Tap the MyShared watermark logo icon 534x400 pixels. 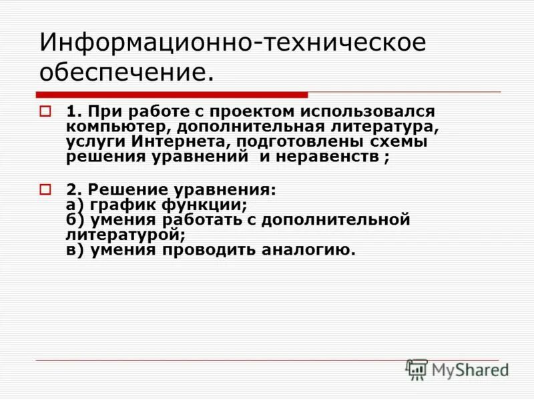click(x=417, y=369)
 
